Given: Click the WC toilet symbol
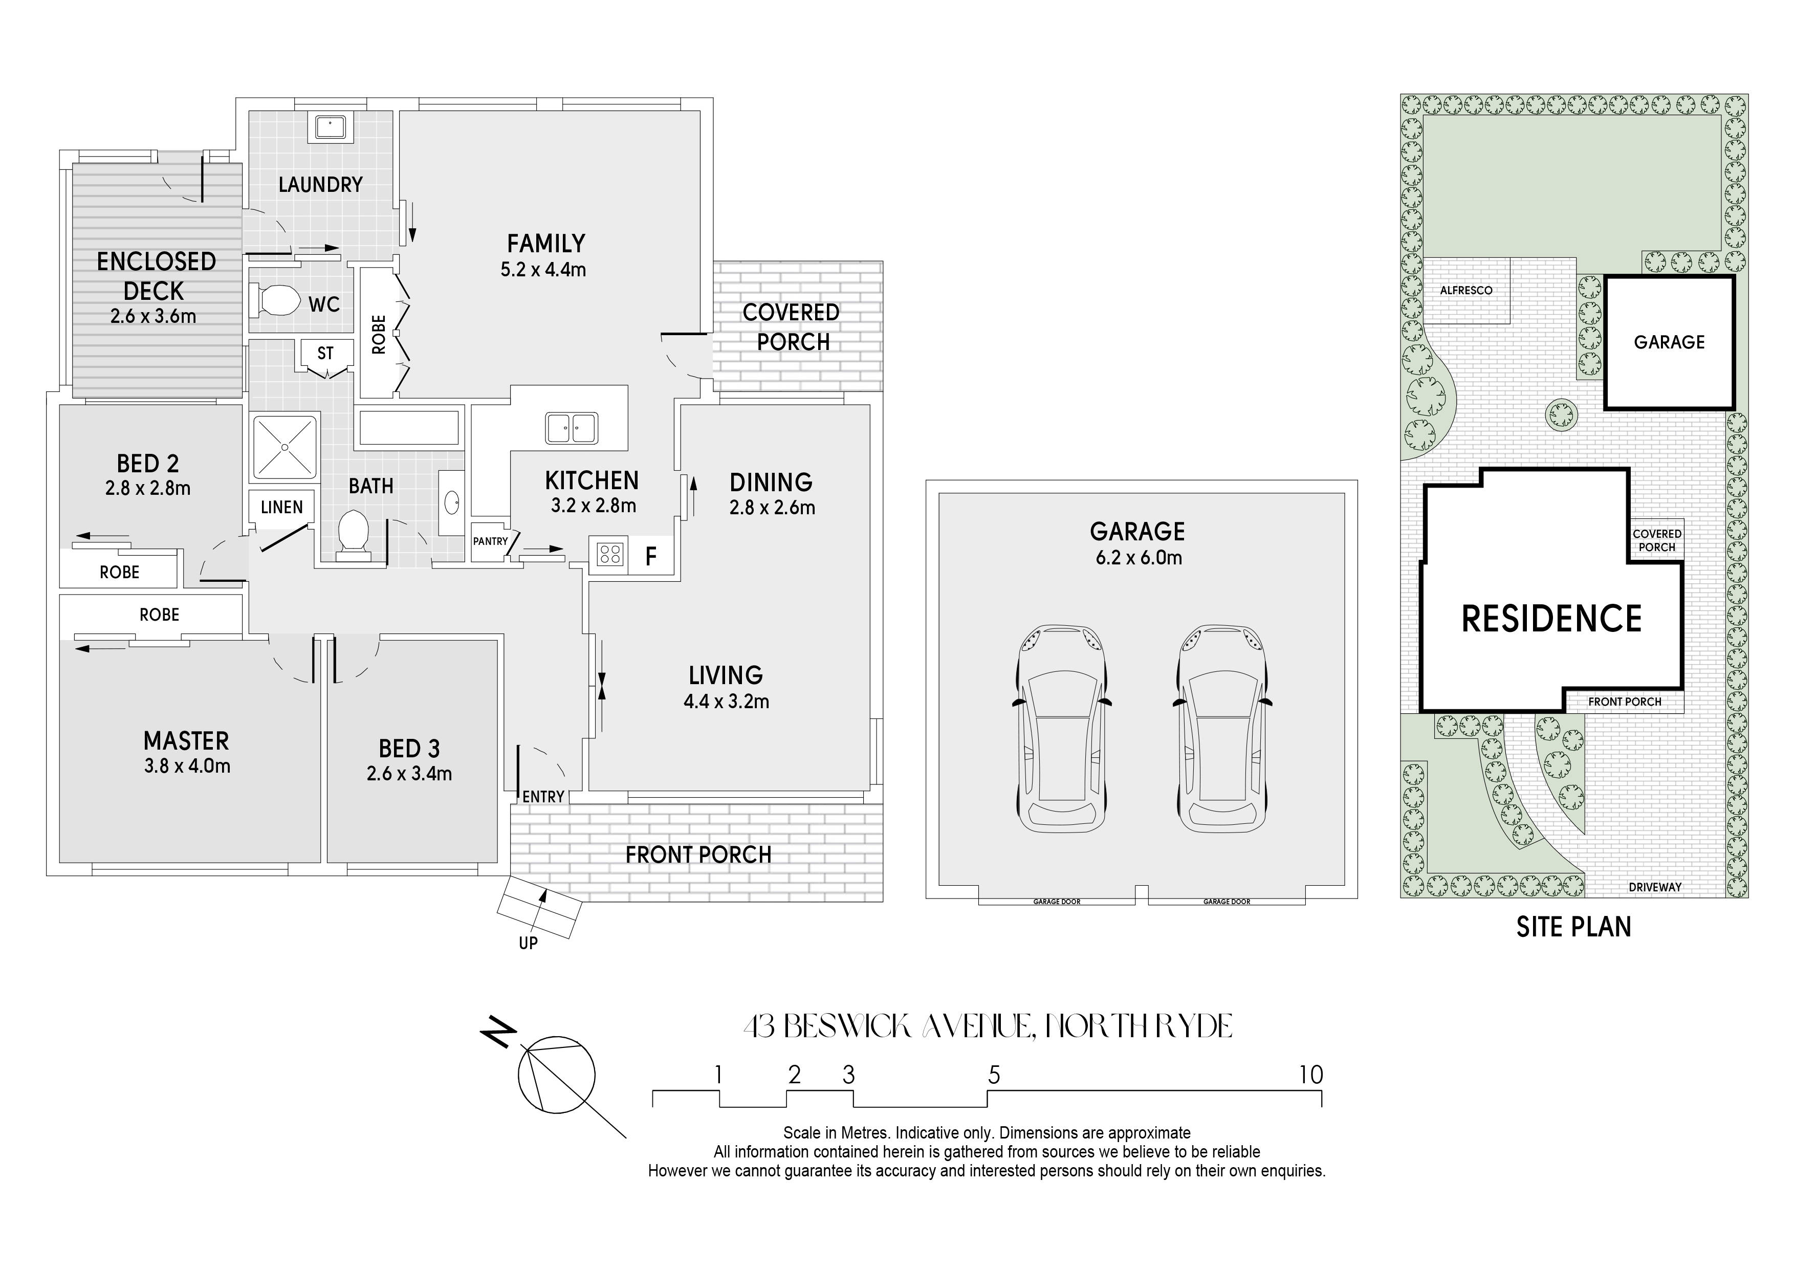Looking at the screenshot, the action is [x=274, y=299].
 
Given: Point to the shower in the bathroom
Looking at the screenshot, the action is [x=284, y=447].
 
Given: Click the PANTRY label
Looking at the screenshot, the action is [x=490, y=541].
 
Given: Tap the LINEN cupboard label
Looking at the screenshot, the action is [x=281, y=508].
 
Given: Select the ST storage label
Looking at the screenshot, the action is [x=325, y=354].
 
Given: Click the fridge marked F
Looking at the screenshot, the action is [x=650, y=556].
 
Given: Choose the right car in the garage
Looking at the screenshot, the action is [x=1221, y=729].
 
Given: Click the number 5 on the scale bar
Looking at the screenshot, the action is [x=994, y=1075].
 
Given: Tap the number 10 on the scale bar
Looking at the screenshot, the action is [x=1311, y=1075].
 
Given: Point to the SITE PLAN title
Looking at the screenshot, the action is [x=1574, y=927].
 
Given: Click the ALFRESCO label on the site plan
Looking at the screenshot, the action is [x=1466, y=290].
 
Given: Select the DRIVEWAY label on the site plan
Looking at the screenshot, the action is [x=1655, y=887].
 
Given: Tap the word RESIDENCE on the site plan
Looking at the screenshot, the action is [x=1552, y=619].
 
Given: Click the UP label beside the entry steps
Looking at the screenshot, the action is [x=529, y=943].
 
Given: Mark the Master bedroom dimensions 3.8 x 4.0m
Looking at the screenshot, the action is [x=187, y=766].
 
